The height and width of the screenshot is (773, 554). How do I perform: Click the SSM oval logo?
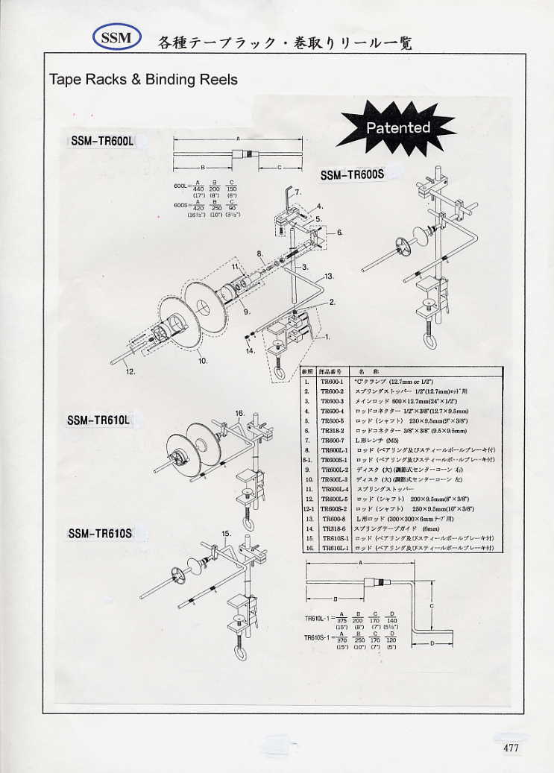coord(116,37)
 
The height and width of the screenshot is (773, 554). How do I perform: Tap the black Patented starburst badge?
coord(397,127)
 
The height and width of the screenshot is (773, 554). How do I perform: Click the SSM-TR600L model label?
coord(101,141)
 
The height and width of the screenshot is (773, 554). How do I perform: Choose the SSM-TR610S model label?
coord(99,533)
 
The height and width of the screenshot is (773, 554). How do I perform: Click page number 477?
coord(511,748)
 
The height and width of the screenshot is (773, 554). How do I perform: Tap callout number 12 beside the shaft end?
coord(130,370)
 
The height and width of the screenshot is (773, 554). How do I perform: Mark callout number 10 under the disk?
coord(201,360)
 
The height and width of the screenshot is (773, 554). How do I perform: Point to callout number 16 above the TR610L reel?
coord(239,412)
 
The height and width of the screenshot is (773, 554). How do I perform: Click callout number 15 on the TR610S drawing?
coord(226,534)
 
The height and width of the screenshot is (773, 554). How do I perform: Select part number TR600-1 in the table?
coord(330,381)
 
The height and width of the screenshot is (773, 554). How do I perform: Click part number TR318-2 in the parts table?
coord(330,431)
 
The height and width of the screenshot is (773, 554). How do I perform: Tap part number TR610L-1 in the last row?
coord(332,548)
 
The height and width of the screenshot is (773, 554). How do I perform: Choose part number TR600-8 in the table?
coord(330,518)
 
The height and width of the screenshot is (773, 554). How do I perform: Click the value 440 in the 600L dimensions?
coord(198,189)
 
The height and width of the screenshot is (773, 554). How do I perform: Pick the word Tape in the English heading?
coord(64,79)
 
